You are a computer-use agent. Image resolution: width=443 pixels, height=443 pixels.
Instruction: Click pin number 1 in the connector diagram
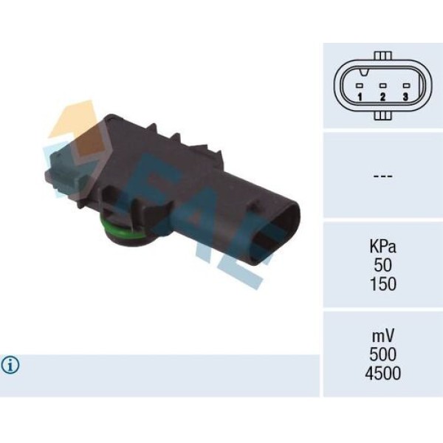coord(359,97)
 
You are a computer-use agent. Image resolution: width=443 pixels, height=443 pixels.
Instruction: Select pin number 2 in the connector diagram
coord(382,97)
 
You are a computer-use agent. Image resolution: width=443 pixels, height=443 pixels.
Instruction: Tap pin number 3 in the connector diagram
coord(405,97)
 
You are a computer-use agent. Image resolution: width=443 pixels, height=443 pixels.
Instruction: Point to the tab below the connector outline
coord(382,115)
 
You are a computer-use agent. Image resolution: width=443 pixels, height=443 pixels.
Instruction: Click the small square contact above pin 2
coord(382,85)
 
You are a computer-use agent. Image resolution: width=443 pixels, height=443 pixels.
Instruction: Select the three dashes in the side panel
coord(382,176)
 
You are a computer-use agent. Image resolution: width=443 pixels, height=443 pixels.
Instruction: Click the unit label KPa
coord(382,246)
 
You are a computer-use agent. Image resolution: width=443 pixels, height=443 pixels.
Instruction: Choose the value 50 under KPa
coord(382,264)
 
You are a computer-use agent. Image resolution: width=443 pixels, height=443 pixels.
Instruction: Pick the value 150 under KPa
coord(382,284)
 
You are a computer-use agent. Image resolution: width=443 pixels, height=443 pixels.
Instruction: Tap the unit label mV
coord(382,335)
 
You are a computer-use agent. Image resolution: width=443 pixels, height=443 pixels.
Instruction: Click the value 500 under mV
coord(382,354)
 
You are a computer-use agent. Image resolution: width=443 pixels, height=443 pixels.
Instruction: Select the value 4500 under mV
coord(382,374)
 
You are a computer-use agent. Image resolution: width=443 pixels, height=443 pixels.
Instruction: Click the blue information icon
coord(10,365)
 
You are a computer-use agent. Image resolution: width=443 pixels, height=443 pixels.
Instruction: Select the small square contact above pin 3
coord(405,85)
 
